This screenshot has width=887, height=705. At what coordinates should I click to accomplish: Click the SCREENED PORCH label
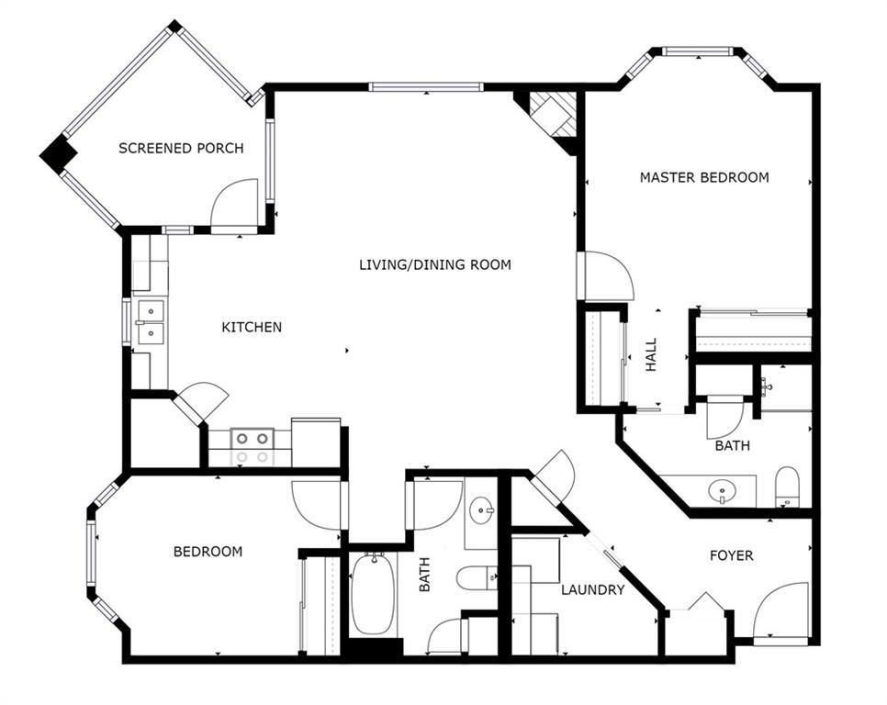tap(181, 148)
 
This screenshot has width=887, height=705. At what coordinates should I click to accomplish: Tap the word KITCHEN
tap(252, 327)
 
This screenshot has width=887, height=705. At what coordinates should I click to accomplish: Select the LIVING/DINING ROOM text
tap(435, 264)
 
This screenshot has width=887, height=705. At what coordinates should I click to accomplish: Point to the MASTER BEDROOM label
tap(704, 177)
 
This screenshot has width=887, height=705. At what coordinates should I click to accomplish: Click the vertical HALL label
tap(652, 354)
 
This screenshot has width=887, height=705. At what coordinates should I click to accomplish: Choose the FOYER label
tap(732, 555)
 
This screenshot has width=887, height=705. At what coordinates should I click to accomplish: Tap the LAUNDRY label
tap(593, 590)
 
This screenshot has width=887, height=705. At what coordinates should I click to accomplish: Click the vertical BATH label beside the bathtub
tap(424, 575)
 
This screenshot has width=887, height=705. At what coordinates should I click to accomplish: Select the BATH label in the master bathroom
tap(733, 445)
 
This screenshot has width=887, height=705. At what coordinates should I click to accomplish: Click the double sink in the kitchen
tap(151, 322)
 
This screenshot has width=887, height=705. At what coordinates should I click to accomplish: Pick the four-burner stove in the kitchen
tap(253, 447)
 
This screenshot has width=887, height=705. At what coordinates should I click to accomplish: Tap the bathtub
tap(373, 593)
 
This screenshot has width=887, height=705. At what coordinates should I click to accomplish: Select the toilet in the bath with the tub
tap(477, 577)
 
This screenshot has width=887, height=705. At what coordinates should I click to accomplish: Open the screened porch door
tap(234, 205)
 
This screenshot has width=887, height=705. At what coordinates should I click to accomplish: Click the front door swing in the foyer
tap(780, 613)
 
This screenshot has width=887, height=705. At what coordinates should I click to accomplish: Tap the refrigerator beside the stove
tap(316, 442)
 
